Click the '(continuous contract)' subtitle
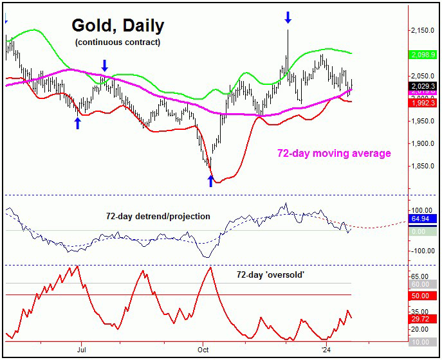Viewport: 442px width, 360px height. pos(117,42)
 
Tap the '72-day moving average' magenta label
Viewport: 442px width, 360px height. pos(334,154)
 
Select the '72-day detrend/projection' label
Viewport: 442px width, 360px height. pos(158,216)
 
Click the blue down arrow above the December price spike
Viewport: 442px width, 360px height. pos(288,17)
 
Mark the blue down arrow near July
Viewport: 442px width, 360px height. pos(104,64)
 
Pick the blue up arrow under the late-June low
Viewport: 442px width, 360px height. pos(78,123)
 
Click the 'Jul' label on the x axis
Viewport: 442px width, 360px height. pos(82,350)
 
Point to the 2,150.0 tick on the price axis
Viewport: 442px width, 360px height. pos(423,30)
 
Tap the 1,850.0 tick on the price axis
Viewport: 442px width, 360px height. pos(423,166)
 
